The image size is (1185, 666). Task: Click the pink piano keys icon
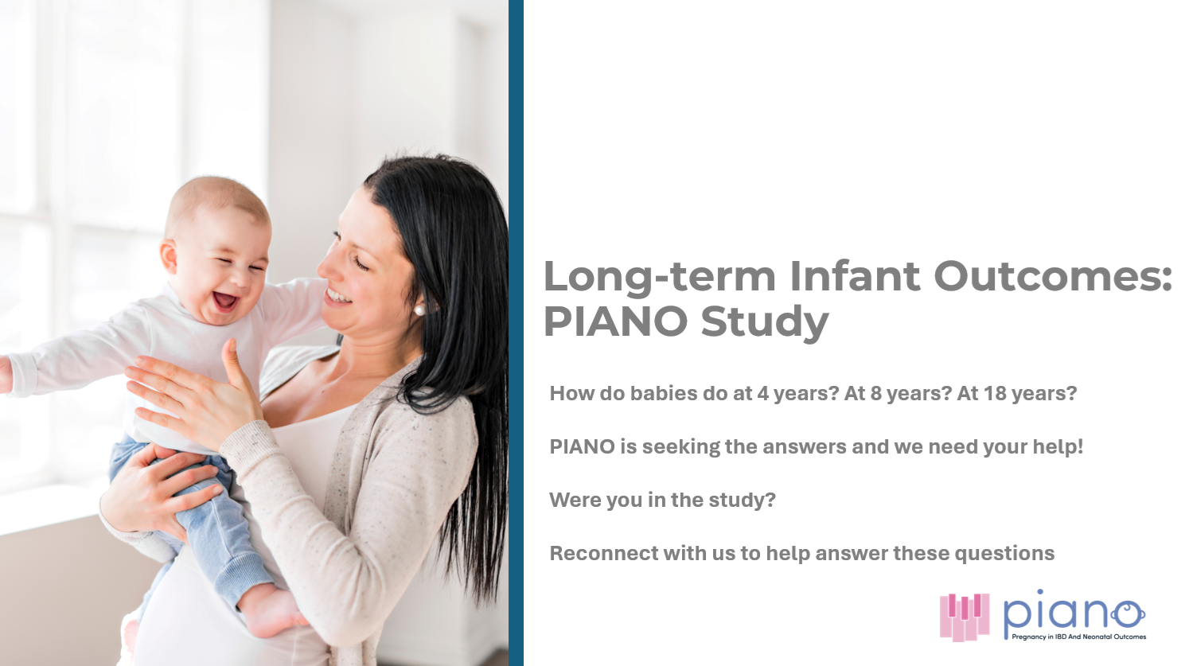(x=965, y=617)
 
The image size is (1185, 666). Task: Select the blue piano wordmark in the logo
(x=1074, y=613)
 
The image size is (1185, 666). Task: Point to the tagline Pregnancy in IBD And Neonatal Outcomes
(x=1078, y=637)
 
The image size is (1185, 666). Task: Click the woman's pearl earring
(x=419, y=310)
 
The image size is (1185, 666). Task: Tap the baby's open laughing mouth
(x=225, y=301)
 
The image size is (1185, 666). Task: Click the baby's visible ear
(x=169, y=256)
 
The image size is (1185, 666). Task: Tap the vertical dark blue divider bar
(x=516, y=333)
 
